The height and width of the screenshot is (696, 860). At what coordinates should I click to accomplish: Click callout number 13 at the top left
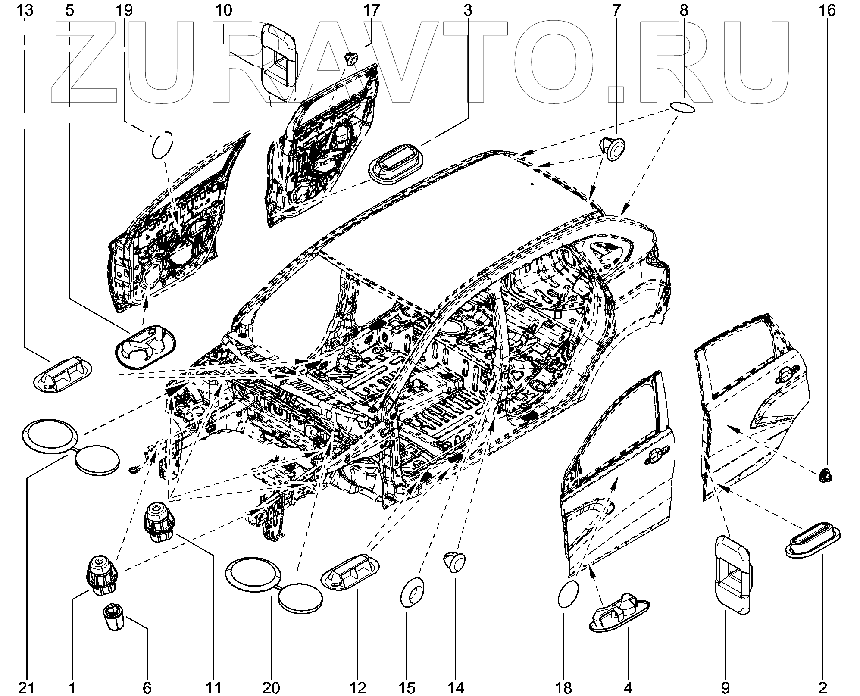(x=26, y=10)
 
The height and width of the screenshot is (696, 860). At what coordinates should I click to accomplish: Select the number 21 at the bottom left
(x=26, y=687)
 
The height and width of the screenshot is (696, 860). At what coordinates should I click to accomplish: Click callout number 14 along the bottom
(x=456, y=687)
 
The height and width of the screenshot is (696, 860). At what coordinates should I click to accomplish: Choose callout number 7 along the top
(x=615, y=10)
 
